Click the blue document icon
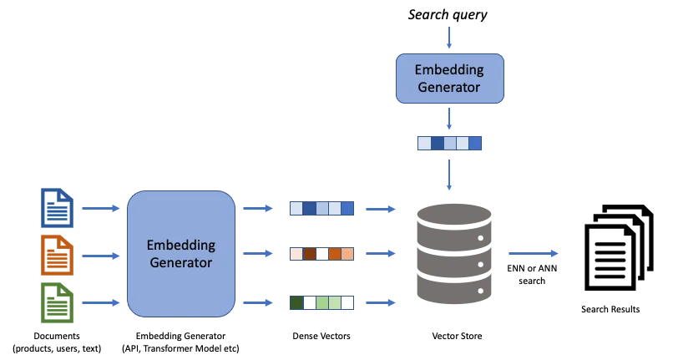pyautogui.click(x=57, y=208)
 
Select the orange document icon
pyautogui.click(x=57, y=254)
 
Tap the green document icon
pyautogui.click(x=57, y=302)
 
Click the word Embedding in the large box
pyautogui.click(x=180, y=246)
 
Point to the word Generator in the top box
pyautogui.click(x=450, y=86)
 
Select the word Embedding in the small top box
pyautogui.click(x=450, y=69)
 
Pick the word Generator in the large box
pyautogui.click(x=180, y=262)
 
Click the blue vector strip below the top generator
pyautogui.click(x=450, y=143)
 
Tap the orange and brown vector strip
pyautogui.click(x=321, y=253)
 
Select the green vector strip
pyautogui.click(x=321, y=302)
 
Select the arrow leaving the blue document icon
pyautogui.click(x=101, y=208)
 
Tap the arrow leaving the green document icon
pyautogui.click(x=101, y=302)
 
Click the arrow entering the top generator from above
pyautogui.click(x=450, y=38)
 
